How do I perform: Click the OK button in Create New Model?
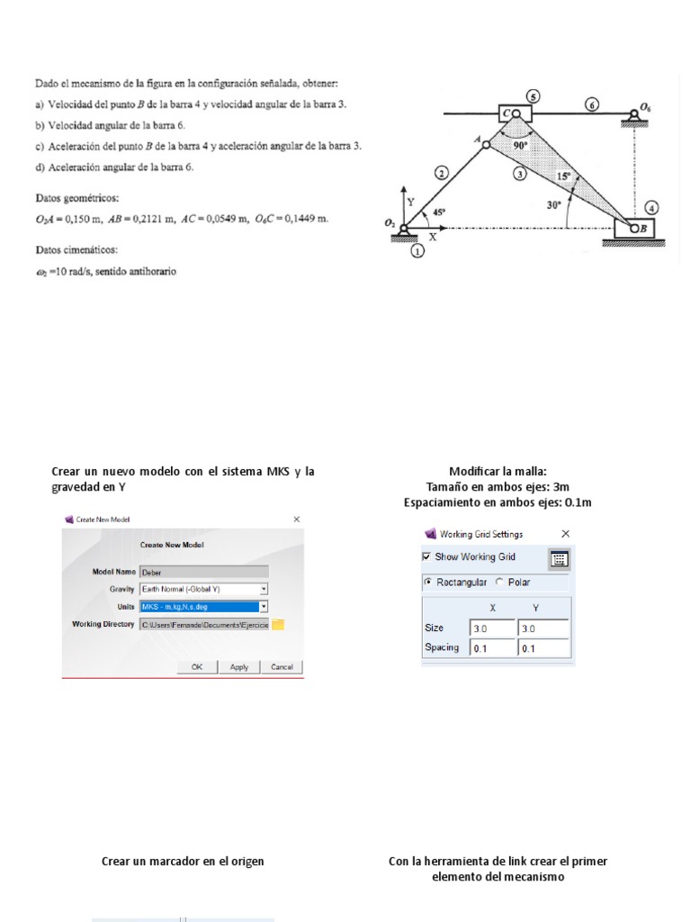pos(197,667)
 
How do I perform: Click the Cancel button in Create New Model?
pos(282,667)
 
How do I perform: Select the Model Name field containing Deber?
pos(203,571)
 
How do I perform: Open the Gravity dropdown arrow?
pos(264,589)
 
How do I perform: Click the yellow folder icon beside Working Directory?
pos(278,624)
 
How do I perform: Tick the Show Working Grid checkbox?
pos(427,557)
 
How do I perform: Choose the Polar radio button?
pos(499,583)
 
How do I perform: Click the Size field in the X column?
pos(491,628)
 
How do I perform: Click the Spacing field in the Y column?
pos(543,648)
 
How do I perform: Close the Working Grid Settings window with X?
pos(565,534)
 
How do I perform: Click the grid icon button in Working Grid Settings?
pos(559,558)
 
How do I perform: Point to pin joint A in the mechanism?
pos(485,143)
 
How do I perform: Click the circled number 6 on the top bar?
pos(591,104)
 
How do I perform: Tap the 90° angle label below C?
pos(520,143)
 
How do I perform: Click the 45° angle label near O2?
pos(438,212)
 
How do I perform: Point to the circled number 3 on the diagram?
pos(519,174)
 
